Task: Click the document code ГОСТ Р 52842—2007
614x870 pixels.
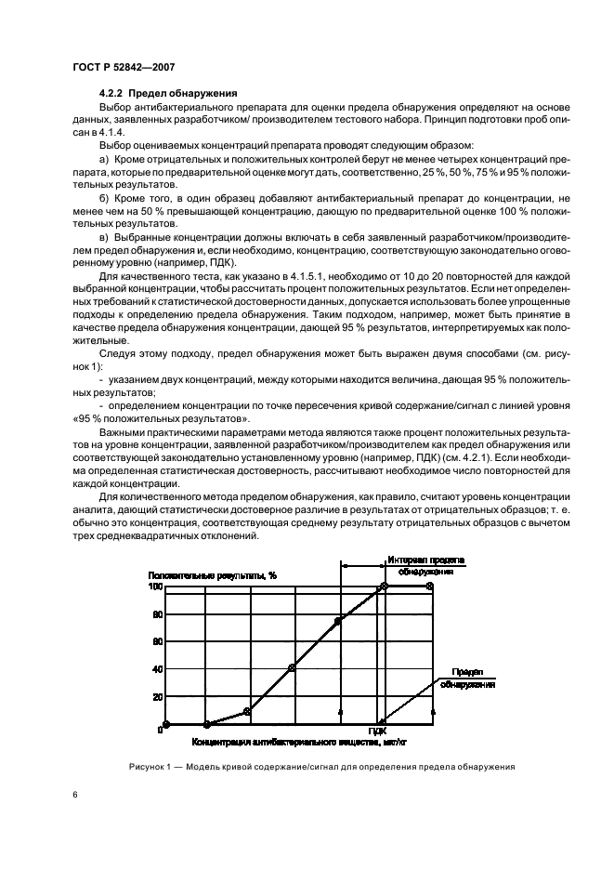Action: (124, 66)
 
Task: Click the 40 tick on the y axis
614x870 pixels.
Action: (156, 669)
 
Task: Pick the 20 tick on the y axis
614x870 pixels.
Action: (156, 697)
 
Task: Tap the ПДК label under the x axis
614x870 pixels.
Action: (377, 732)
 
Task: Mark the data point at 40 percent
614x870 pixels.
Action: (293, 668)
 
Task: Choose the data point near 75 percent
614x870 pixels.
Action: (338, 620)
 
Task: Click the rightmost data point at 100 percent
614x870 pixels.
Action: (429, 587)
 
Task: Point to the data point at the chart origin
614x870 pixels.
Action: (166, 724)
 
